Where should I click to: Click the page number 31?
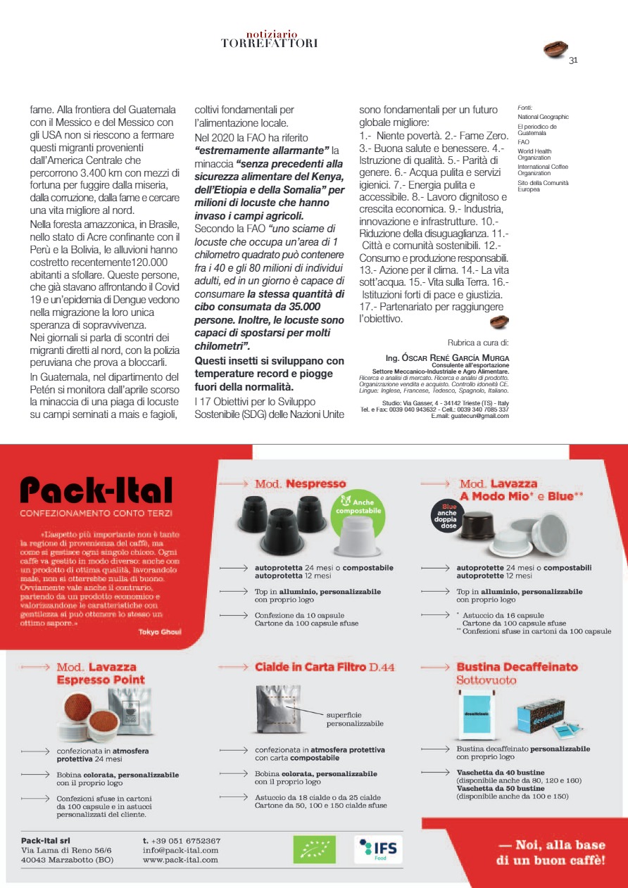coord(573,60)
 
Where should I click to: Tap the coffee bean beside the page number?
coord(556,49)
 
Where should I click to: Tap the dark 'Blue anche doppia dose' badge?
coord(448,518)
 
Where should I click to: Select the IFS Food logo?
coord(378,849)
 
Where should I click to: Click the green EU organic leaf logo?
coord(314,849)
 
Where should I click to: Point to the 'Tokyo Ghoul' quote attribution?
coord(160,631)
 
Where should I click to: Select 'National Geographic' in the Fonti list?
coord(543,117)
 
